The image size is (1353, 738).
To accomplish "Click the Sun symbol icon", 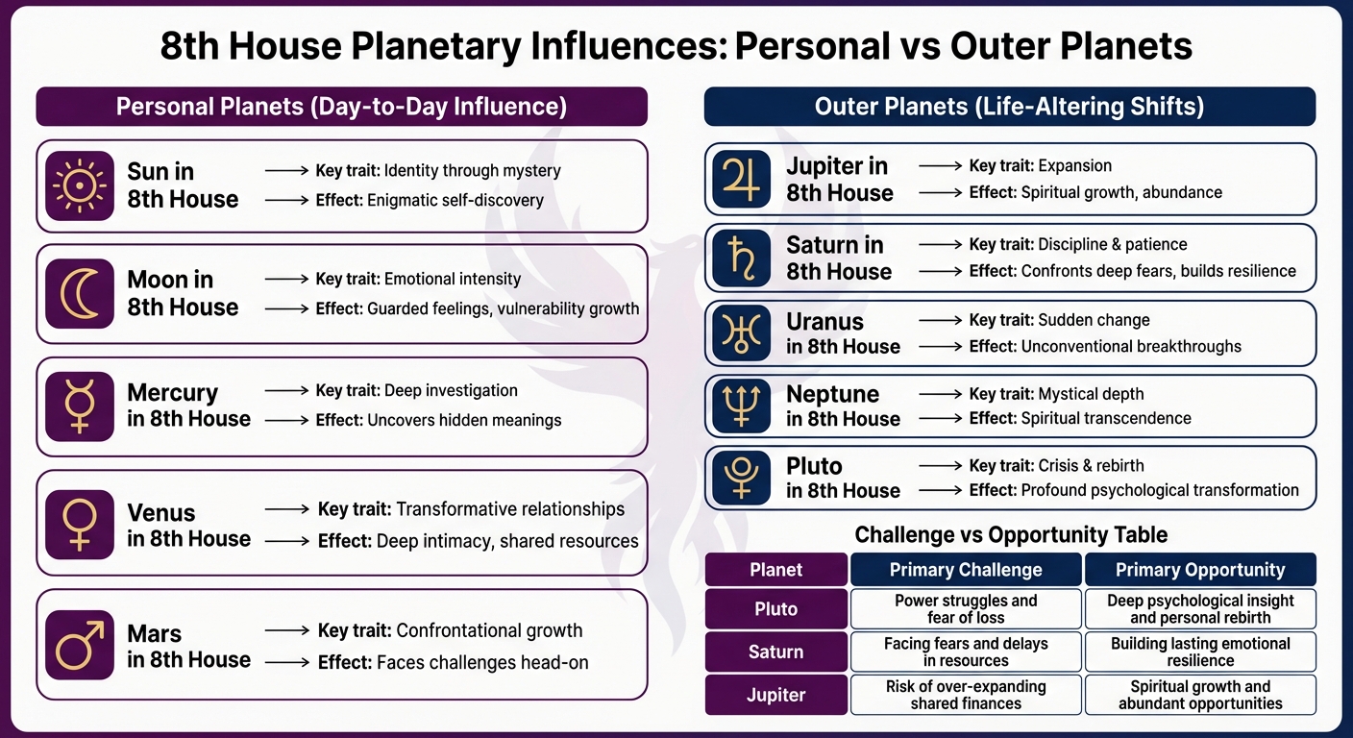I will pyautogui.click(x=80, y=185).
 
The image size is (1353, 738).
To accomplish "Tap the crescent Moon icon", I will pyautogui.click(x=80, y=293).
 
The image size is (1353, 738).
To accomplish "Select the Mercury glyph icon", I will pyautogui.click(x=80, y=406).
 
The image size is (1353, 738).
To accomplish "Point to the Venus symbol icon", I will pyautogui.click(x=80, y=525).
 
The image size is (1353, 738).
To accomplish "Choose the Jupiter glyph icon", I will pyautogui.click(x=741, y=179).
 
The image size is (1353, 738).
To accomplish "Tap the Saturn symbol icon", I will pyautogui.click(x=741, y=258).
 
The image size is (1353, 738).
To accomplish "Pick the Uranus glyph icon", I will pyautogui.click(x=741, y=332).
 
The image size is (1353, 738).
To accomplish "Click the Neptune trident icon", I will pyautogui.click(x=741, y=406).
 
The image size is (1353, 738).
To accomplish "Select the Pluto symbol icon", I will pyautogui.click(x=741, y=478).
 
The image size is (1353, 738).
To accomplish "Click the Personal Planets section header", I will pyautogui.click(x=341, y=107).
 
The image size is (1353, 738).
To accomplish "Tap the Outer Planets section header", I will pyautogui.click(x=1009, y=107).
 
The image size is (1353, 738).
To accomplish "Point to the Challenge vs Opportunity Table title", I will pyautogui.click(x=1011, y=534).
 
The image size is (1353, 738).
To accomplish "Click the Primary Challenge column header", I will pyautogui.click(x=966, y=570).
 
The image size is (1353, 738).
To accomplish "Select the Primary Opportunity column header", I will pyautogui.click(x=1200, y=570).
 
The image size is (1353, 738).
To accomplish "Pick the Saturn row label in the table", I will pyautogui.click(x=775, y=652).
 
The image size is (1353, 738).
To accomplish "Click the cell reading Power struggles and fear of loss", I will pyautogui.click(x=966, y=609).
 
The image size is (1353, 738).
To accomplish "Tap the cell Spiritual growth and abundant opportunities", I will pyautogui.click(x=1200, y=695).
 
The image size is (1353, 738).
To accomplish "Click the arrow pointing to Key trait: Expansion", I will pyautogui.click(x=940, y=166).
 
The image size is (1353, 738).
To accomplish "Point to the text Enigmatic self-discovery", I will pyautogui.click(x=455, y=200).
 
